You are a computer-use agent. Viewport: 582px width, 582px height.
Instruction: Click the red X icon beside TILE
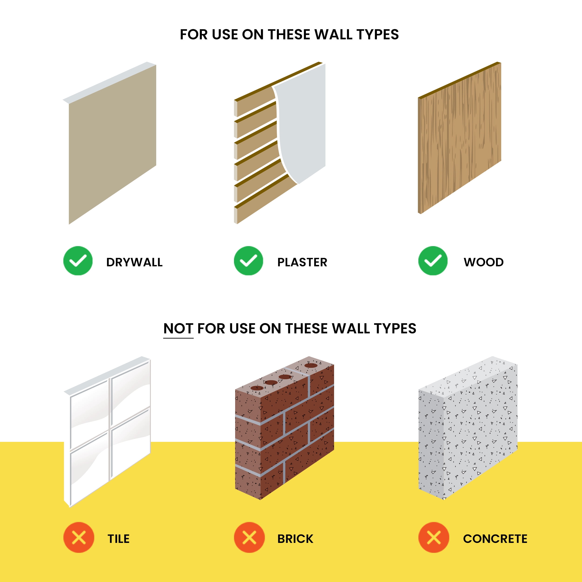point(79,537)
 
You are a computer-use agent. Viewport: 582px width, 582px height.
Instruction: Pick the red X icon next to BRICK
point(249,537)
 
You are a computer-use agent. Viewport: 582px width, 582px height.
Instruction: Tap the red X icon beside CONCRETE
point(433,537)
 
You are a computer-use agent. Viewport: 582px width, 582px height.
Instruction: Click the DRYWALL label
point(134,262)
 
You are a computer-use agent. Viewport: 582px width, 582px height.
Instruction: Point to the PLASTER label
point(302,262)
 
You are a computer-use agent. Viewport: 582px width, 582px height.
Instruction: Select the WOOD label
point(484,262)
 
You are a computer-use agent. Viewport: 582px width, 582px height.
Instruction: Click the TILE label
point(119,539)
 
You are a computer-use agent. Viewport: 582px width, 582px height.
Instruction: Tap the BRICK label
point(295,539)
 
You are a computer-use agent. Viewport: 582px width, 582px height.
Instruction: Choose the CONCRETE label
point(495,539)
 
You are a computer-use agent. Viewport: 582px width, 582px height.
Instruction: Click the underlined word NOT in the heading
point(178,328)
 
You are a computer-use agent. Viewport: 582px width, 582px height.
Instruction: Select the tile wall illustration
point(107,432)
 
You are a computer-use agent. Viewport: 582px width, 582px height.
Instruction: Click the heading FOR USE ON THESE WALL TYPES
point(289,34)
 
